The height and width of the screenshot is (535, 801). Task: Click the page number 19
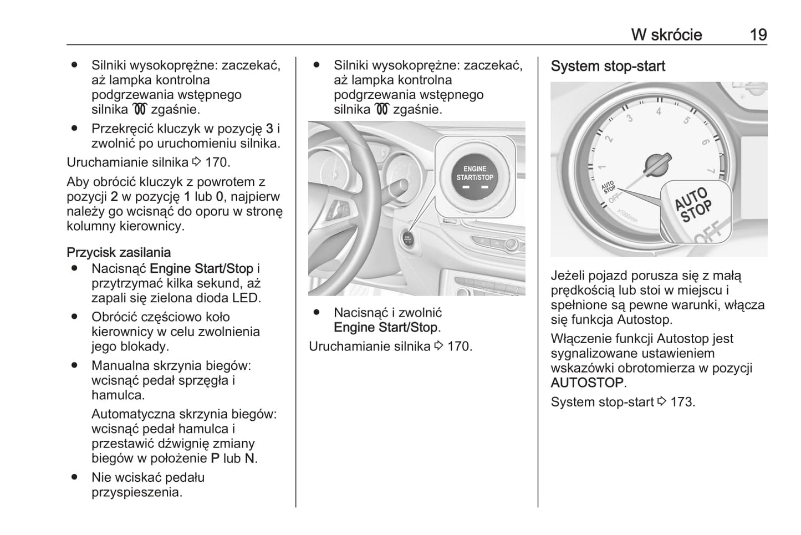758,35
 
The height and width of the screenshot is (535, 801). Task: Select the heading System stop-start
608,67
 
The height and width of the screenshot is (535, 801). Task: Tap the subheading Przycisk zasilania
119,253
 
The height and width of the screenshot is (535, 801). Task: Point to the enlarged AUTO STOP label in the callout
693,204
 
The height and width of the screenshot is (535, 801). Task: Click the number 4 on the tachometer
659,111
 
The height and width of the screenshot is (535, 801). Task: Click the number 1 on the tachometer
602,166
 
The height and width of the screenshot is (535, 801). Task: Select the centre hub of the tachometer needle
657,164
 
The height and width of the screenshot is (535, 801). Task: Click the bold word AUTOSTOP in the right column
587,383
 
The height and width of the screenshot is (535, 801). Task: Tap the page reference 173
682,402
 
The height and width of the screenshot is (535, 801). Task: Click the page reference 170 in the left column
217,162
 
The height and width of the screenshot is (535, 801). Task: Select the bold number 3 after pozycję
269,129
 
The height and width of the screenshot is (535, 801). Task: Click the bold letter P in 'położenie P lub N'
215,458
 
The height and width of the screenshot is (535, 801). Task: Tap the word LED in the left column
246,298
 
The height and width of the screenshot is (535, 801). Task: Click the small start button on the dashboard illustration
407,239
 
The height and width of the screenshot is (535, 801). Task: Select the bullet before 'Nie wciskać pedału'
73,477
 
